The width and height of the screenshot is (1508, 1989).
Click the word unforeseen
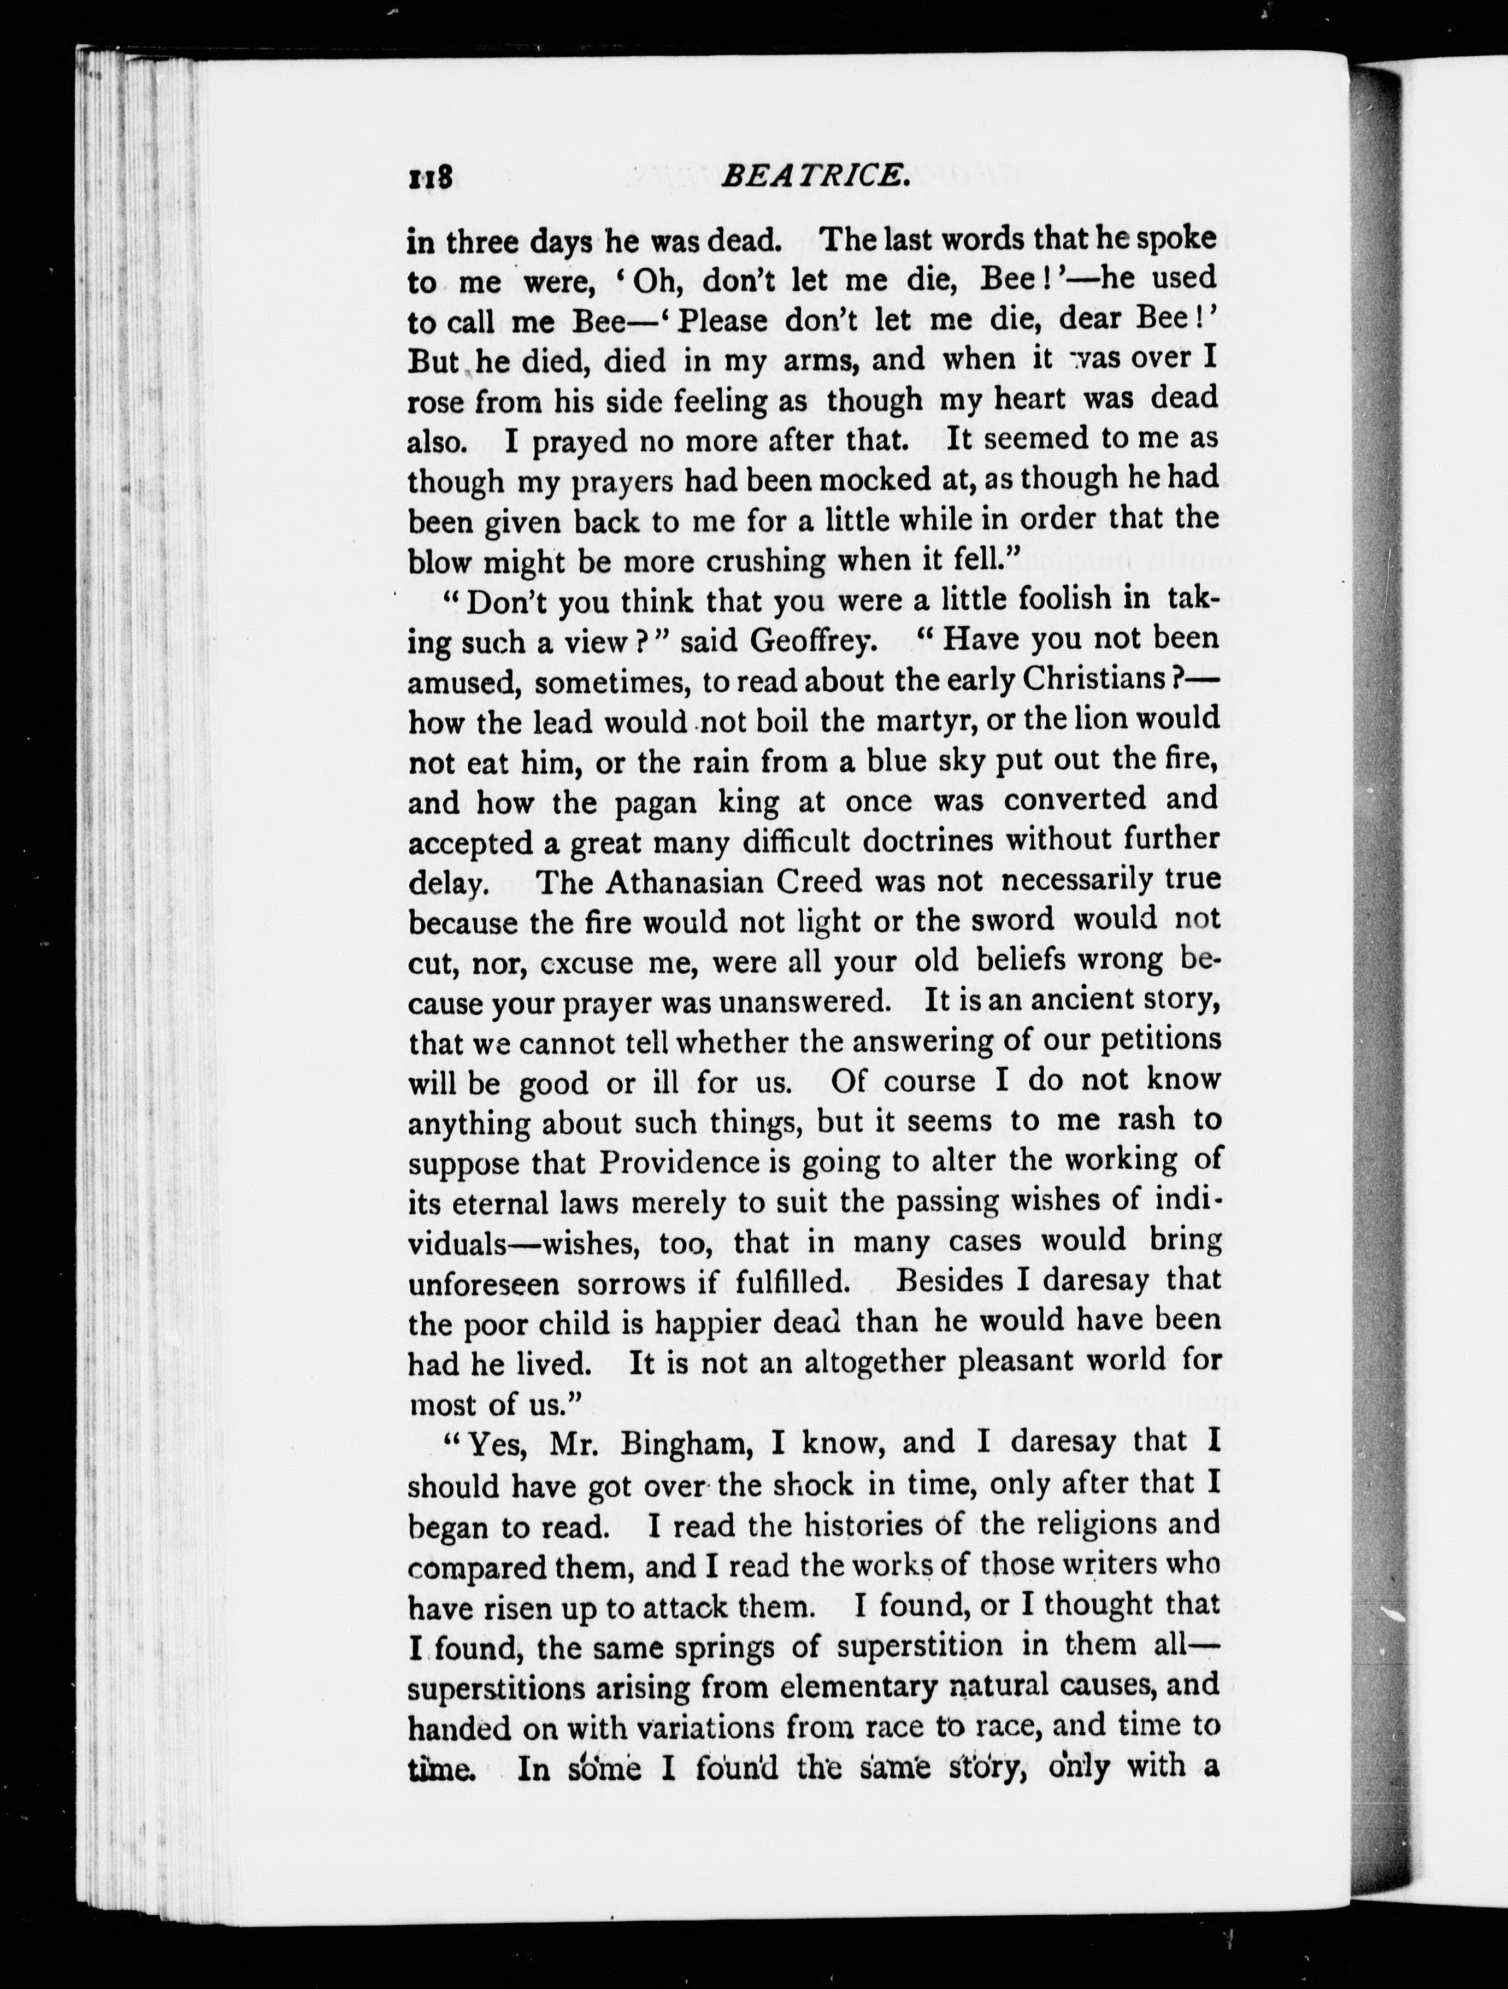click(x=483, y=1283)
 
